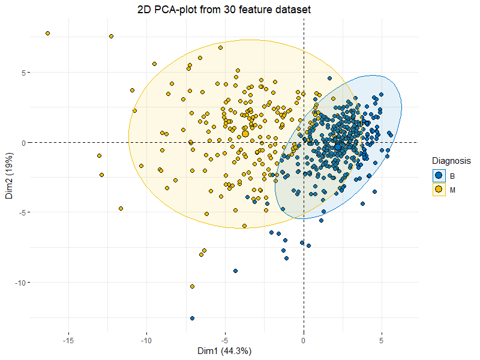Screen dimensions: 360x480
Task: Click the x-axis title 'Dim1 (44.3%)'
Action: [225, 351]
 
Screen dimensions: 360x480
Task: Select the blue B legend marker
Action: [439, 175]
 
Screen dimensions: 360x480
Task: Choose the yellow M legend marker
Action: [439, 190]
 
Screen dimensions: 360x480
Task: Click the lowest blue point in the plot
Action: [192, 318]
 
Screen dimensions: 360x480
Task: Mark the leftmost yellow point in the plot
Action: [47, 33]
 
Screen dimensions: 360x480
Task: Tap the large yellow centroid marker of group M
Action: [245, 134]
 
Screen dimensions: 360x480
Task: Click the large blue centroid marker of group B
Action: [338, 146]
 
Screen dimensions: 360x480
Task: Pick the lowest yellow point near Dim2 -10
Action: [192, 287]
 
